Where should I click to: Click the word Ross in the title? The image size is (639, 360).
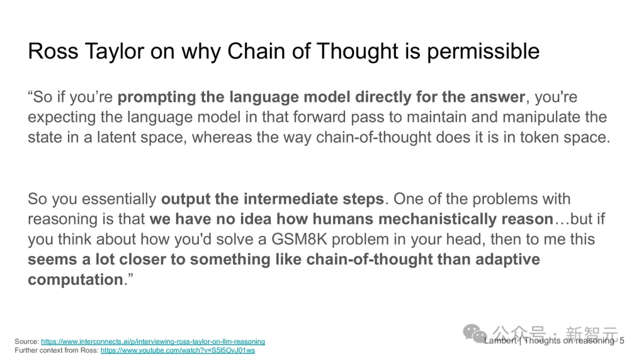click(x=53, y=52)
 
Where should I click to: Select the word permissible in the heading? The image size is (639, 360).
click(x=483, y=52)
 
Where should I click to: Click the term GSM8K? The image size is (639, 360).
click(x=299, y=239)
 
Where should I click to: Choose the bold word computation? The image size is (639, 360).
click(x=75, y=280)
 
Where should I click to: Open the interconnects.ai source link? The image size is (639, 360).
click(x=153, y=342)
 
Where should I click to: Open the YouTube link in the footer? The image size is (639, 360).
click(x=177, y=350)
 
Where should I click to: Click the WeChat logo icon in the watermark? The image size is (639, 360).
click(x=475, y=333)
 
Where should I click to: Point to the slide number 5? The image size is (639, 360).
click(x=622, y=341)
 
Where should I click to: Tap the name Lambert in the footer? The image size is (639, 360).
click(x=501, y=341)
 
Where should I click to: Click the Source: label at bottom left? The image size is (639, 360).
click(x=27, y=342)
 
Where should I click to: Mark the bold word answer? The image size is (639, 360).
click(x=498, y=98)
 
